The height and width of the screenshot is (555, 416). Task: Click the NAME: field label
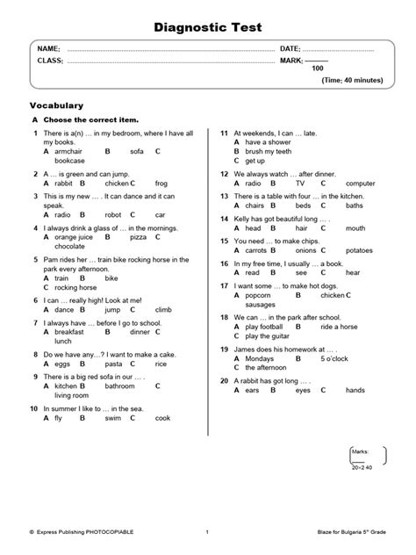pos(48,48)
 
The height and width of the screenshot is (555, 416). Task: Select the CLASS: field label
pos(50,61)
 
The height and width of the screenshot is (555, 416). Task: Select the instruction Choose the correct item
pos(91,119)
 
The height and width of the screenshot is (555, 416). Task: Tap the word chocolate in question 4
pos(71,247)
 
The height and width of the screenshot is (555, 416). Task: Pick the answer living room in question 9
pos(73,394)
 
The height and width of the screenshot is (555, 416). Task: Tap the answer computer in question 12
pos(362,184)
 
